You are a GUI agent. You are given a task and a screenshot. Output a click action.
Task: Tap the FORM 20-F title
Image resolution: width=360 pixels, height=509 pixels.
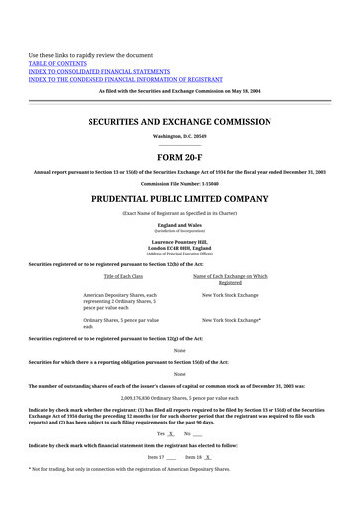click(x=180, y=157)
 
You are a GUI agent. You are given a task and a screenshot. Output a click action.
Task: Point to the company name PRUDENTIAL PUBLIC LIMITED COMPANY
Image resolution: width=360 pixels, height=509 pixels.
click(x=180, y=199)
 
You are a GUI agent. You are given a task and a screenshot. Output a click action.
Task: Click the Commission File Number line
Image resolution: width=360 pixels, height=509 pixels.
click(x=180, y=183)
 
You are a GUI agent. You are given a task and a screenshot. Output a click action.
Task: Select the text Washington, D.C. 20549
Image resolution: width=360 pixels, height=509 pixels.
click(x=180, y=136)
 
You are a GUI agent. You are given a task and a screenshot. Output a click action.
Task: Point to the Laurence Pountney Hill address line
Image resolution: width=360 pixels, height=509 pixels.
click(x=180, y=242)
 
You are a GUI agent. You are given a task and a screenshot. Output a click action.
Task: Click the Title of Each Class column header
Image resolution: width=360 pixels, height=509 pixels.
click(x=123, y=275)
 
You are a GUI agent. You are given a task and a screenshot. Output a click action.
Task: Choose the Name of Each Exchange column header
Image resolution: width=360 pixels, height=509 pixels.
click(x=229, y=275)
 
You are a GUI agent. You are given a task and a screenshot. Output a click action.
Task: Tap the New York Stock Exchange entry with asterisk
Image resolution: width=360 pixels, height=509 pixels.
click(x=231, y=320)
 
